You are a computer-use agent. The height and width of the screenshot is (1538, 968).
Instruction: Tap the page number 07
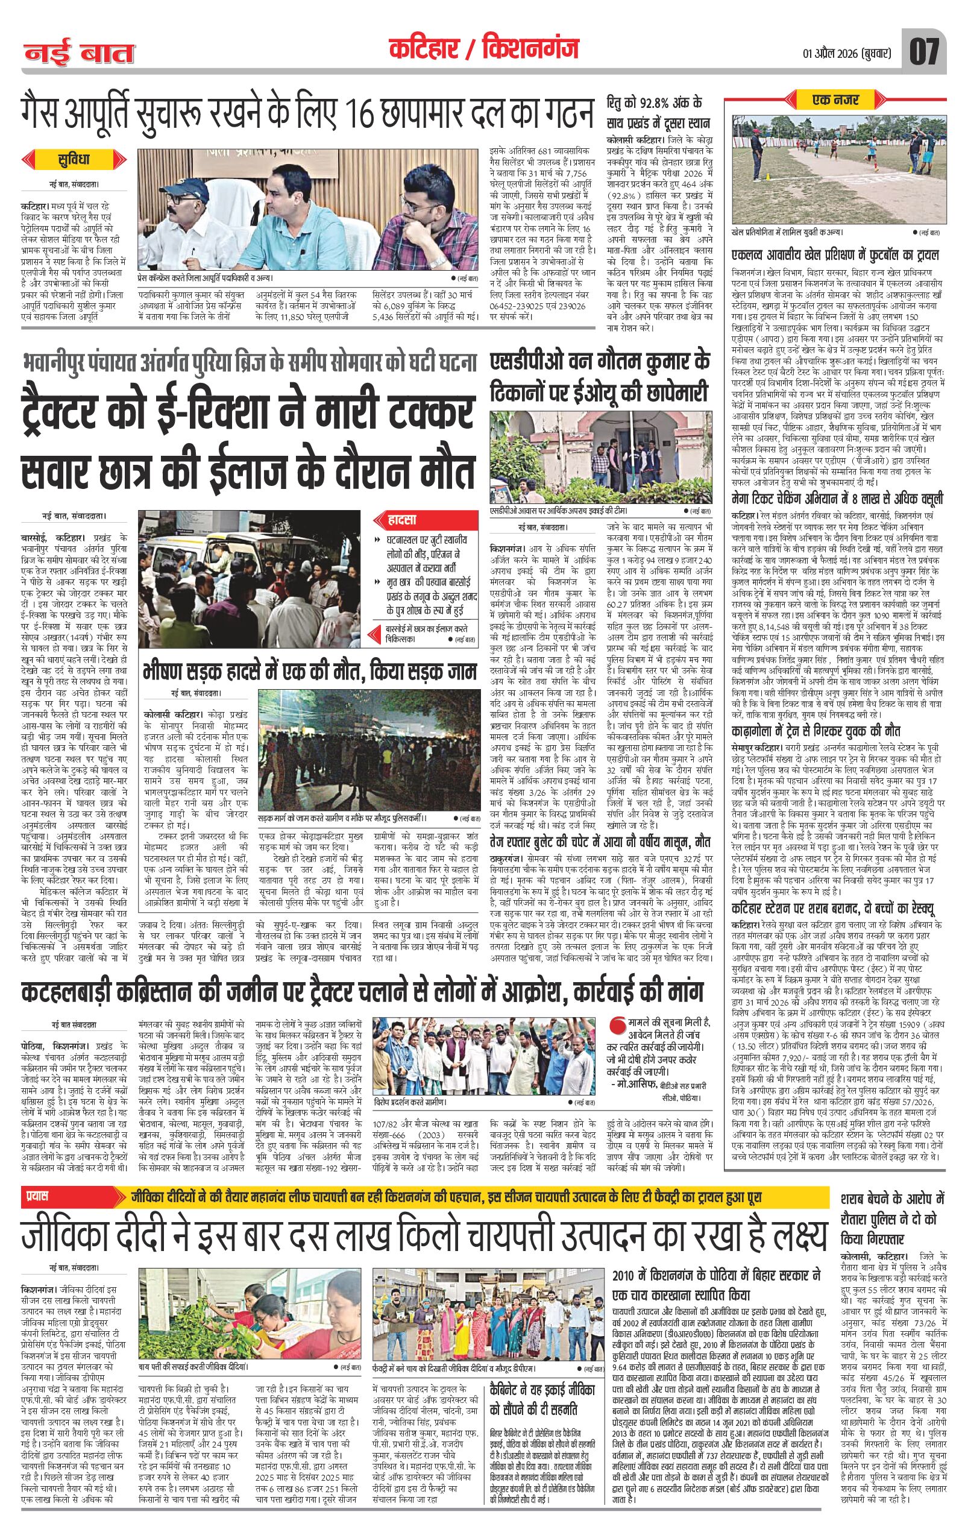(923, 51)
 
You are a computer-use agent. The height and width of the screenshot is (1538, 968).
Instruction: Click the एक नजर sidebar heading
(835, 100)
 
